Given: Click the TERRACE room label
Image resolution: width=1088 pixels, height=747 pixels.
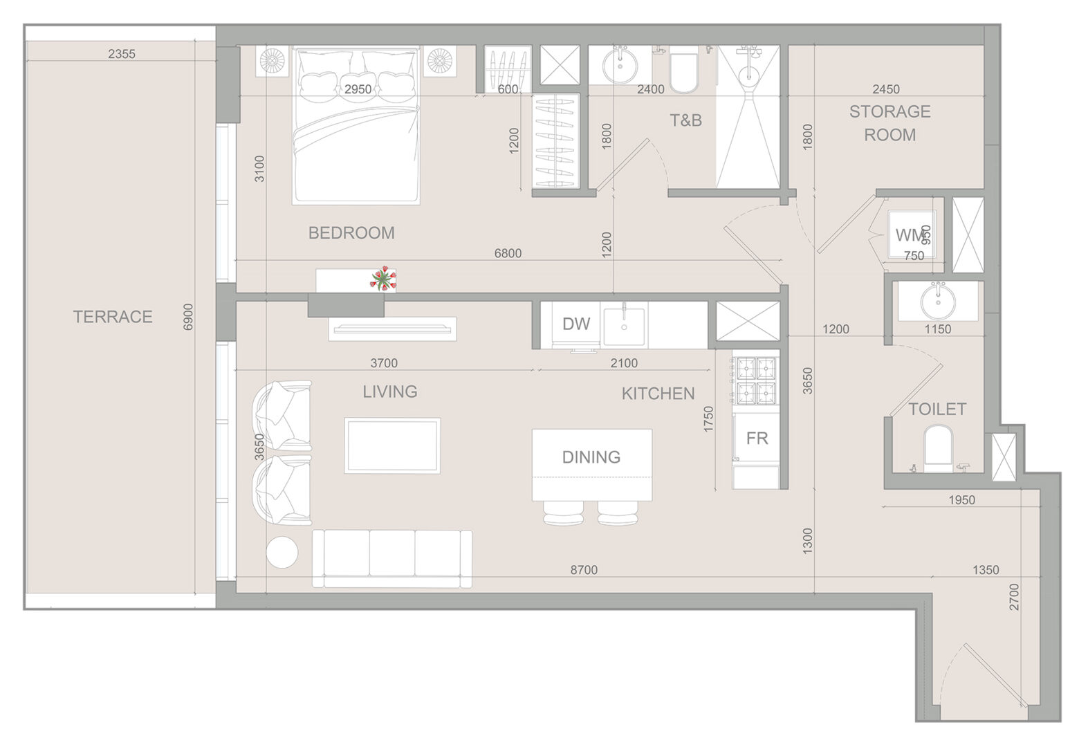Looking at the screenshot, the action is [113, 317].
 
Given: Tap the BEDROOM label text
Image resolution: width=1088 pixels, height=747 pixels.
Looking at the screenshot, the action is [351, 233].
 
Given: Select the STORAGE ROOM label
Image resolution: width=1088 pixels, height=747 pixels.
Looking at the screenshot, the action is [889, 123].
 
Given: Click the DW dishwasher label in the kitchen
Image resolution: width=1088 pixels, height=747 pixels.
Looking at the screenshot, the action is [576, 324].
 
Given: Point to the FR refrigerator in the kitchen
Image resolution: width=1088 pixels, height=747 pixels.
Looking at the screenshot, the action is [756, 438].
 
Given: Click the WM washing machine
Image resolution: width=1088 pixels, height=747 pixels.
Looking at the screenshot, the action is [911, 234].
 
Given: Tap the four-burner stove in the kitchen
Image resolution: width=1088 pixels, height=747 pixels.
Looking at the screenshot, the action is [756, 380].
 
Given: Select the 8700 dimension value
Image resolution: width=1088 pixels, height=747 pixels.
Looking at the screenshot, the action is [584, 570].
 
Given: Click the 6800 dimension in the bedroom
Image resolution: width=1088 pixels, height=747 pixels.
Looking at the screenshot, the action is [508, 253].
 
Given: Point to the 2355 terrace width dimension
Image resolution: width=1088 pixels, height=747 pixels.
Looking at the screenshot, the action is [122, 54].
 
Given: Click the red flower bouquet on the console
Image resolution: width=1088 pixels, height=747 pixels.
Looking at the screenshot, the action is [384, 279].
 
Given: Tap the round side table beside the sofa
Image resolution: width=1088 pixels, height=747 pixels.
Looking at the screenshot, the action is [282, 552].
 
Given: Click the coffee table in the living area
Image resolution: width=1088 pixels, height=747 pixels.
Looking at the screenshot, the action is [392, 445].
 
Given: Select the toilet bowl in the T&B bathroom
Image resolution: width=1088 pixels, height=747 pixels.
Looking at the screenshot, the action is [683, 73].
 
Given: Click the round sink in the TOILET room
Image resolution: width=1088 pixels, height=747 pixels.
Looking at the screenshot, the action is [938, 301].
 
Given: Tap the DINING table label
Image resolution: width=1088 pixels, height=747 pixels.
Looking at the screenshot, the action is [591, 457].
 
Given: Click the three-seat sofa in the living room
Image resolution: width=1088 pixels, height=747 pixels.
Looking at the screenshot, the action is [392, 559].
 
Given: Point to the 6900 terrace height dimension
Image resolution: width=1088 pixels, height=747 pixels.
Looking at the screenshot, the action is [188, 317].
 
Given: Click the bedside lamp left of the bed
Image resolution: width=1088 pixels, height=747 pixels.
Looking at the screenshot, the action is [272, 61].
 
